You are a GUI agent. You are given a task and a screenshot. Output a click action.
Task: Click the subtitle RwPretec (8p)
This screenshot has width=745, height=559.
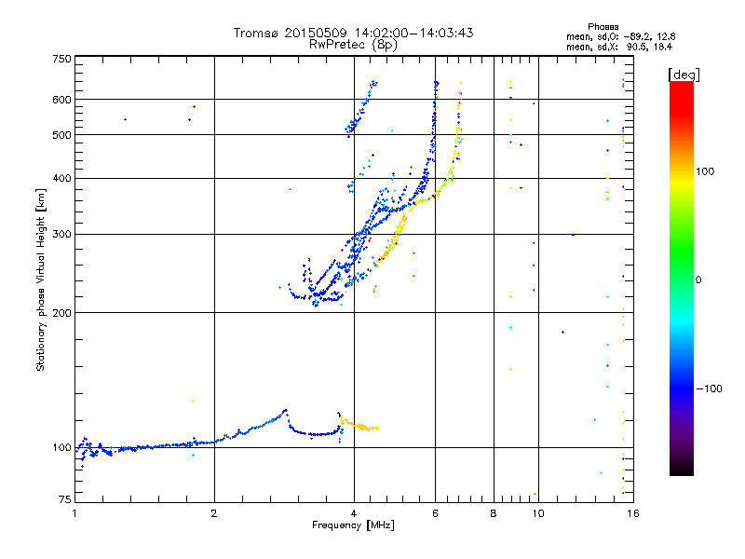coord(353,44)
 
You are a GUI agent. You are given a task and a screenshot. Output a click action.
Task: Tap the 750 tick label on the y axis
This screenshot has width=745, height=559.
coord(61,59)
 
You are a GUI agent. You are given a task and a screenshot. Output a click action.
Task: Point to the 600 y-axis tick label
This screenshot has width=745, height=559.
coord(61,100)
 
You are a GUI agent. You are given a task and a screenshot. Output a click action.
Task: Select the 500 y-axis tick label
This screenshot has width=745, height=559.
coord(61,135)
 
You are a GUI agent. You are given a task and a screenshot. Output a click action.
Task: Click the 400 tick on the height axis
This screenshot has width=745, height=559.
coord(61,178)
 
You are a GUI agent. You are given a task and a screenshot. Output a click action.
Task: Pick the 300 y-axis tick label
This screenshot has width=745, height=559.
coord(61,234)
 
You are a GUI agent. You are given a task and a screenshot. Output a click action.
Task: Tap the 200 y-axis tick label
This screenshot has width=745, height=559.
coord(61,312)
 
